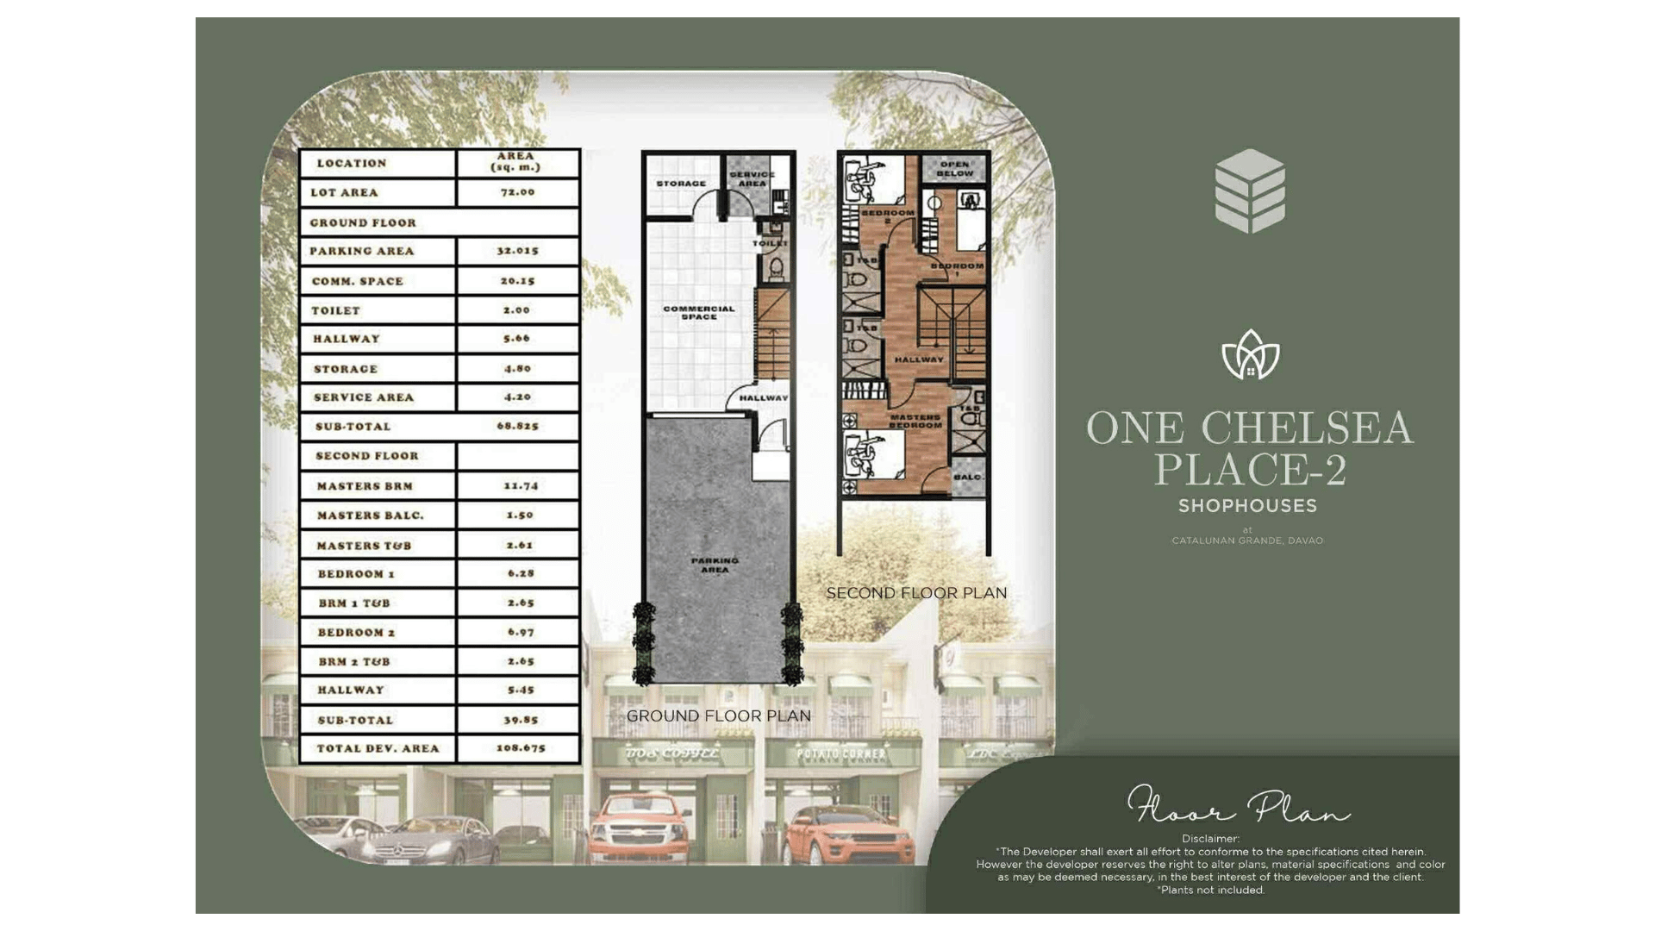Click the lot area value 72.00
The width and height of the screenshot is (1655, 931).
[517, 192]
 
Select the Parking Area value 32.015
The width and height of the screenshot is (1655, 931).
[517, 251]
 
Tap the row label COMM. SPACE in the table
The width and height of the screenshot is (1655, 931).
[358, 281]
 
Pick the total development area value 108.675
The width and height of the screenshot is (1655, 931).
[521, 748]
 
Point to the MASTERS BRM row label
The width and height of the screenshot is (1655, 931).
[365, 486]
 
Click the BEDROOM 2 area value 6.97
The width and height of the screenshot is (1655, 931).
[521, 633]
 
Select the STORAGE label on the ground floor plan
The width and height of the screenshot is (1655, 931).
[681, 184]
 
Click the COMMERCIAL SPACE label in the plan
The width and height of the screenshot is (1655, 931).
[699, 312]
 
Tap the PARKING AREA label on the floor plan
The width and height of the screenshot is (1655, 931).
[715, 565]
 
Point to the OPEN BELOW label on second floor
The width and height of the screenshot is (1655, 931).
[955, 168]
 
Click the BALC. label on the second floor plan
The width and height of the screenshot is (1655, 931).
[968, 477]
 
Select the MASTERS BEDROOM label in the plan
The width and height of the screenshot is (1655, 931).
[915, 421]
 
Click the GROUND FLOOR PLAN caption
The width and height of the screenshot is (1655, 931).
[718, 715]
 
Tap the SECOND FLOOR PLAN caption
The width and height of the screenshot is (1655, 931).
[916, 593]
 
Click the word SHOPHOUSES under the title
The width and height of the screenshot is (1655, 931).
[1247, 506]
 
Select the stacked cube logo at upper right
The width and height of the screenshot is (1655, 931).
[1250, 191]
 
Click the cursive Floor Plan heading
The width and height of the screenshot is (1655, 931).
[1239, 806]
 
